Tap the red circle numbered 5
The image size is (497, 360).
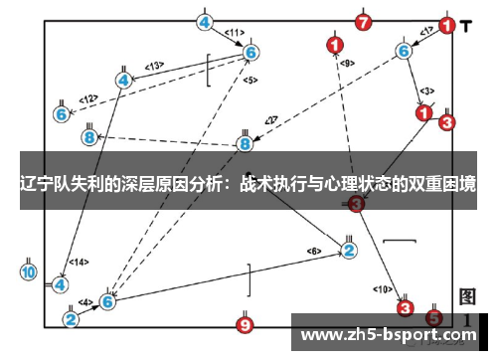(x=433, y=318)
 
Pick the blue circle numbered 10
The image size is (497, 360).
(x=28, y=270)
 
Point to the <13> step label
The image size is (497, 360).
(x=154, y=66)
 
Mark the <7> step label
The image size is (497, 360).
(x=269, y=121)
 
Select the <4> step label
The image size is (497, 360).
(x=86, y=301)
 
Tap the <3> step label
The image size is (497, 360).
(x=427, y=90)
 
